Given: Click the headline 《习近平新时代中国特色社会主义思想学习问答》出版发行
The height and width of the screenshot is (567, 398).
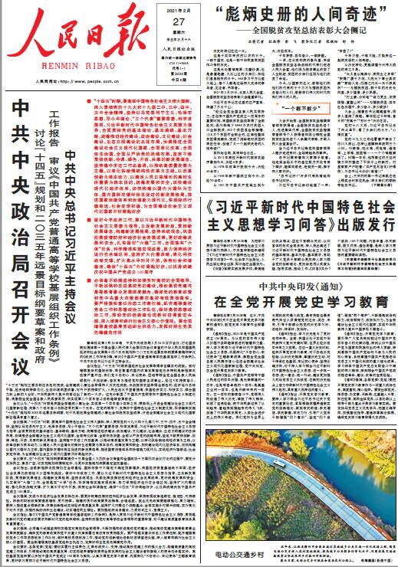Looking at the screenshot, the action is pos(294,218).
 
